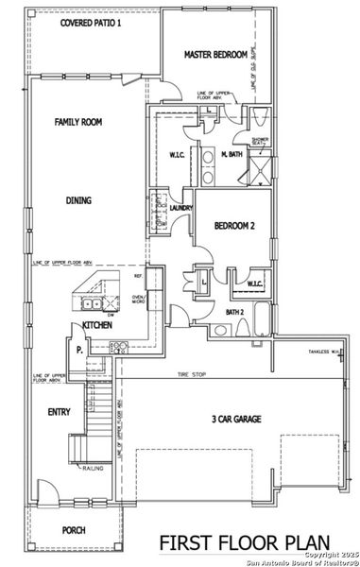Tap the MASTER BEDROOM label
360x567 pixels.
(x=215, y=56)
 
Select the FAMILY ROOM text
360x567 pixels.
(x=78, y=122)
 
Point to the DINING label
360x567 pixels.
(x=79, y=200)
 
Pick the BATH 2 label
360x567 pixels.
(x=235, y=312)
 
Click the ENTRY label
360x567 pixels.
(x=59, y=412)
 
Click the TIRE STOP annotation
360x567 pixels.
(x=192, y=375)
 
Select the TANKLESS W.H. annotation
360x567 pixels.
(x=322, y=352)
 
